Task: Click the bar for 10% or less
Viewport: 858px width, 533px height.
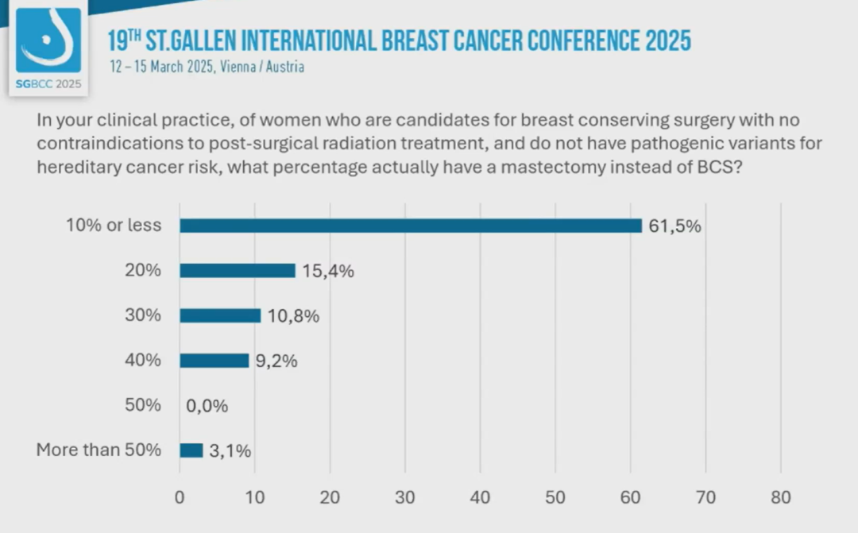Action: [x=410, y=226]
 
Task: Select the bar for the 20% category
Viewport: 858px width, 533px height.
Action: [x=238, y=270]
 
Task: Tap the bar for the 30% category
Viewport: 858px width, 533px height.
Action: [x=220, y=315]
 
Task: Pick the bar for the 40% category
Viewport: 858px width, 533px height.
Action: [x=214, y=361]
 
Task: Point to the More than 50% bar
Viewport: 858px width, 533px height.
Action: [x=191, y=450]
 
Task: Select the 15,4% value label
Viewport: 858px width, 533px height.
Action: [x=327, y=271]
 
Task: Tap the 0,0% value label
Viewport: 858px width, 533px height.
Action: [x=207, y=406]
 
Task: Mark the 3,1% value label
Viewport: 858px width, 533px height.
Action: [x=230, y=451]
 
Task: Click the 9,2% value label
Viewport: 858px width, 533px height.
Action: [x=276, y=361]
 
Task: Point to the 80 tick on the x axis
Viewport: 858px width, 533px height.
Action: [x=781, y=498]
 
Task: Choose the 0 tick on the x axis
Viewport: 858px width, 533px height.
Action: [x=180, y=498]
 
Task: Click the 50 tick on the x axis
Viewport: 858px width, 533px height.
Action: [x=555, y=498]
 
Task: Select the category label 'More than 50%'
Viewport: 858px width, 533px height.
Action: [x=99, y=450]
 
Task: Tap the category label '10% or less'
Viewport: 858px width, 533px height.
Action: [x=114, y=226]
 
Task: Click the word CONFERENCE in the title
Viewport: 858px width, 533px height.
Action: [x=539, y=39]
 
